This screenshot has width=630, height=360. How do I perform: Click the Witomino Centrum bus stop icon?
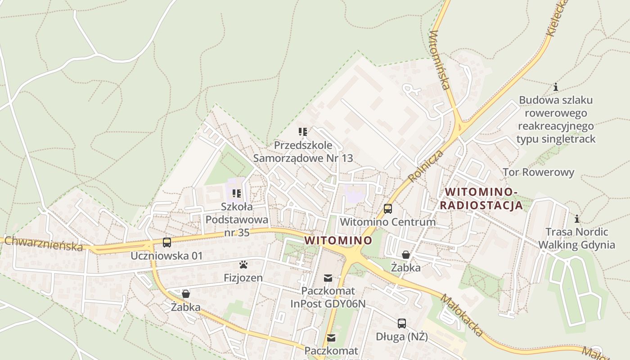coord(387,209)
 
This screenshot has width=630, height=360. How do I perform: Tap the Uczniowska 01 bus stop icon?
coord(167,243)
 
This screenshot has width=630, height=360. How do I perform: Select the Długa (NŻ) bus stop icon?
coord(401,323)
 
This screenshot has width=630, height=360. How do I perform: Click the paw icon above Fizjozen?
coord(243,265)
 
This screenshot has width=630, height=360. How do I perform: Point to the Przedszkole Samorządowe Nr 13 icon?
coord(303,132)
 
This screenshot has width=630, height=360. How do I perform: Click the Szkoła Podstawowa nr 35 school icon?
coord(237,194)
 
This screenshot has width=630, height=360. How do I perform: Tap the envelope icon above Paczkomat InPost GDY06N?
coord(328,278)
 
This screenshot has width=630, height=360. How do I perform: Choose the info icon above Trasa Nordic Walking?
coord(577,219)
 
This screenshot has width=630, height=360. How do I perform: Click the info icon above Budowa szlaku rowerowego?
coord(556,87)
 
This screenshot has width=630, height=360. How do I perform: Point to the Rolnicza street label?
coord(426,166)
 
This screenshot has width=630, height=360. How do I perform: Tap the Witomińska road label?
coord(440,60)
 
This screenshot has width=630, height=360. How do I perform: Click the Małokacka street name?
coord(461,315)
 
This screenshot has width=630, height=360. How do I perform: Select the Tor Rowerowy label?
coord(538,172)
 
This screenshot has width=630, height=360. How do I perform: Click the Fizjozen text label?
coord(243,278)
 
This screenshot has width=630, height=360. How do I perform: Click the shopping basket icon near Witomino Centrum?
coord(405,255)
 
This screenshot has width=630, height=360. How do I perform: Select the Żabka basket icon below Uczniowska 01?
coord(185,294)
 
